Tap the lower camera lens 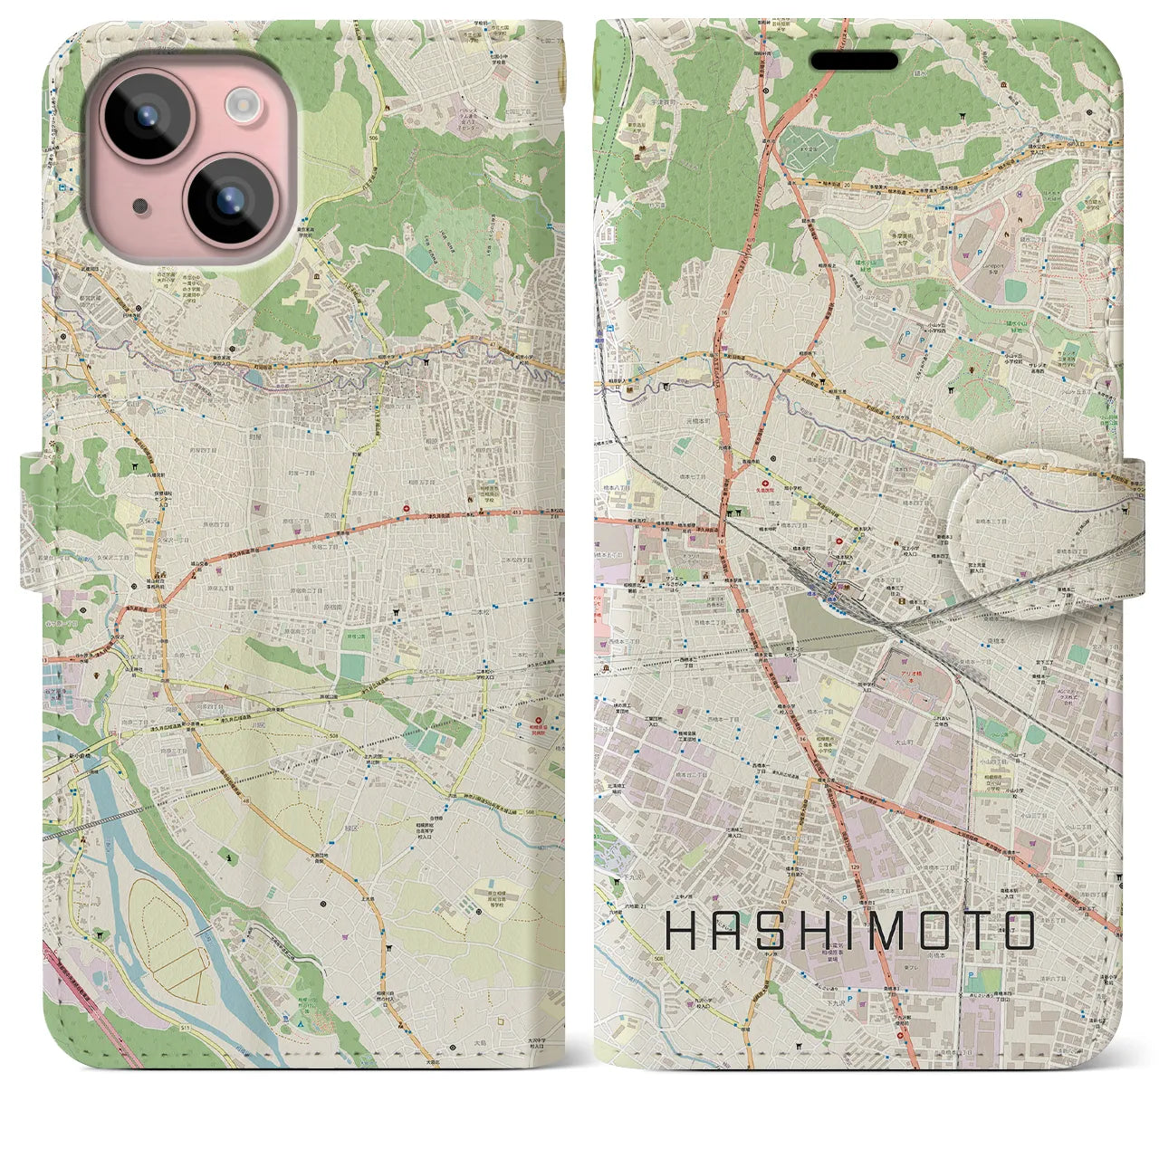tap(225, 196)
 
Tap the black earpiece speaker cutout tap(854, 61)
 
